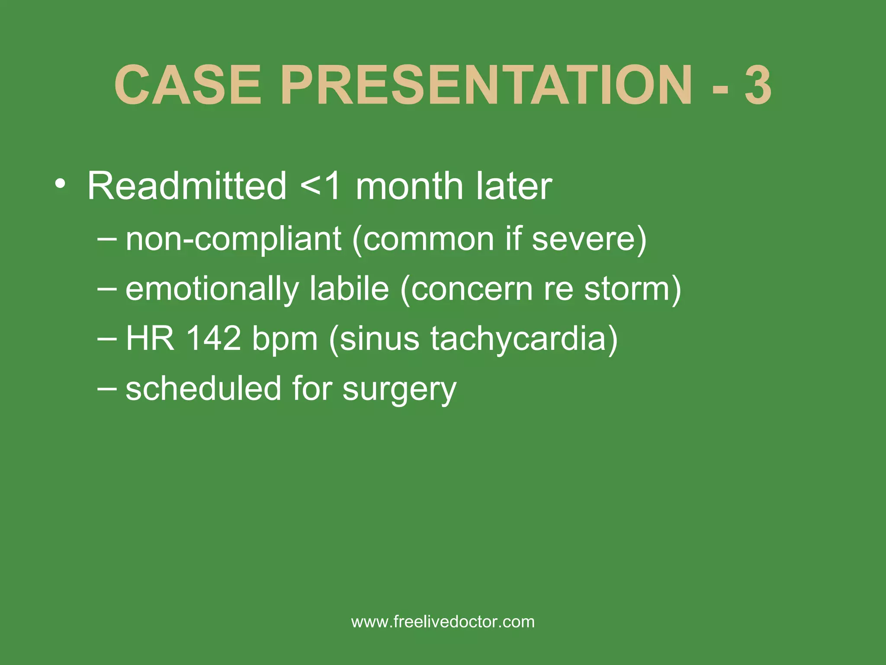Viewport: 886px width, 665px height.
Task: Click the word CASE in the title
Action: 188,85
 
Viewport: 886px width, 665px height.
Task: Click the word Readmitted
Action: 187,186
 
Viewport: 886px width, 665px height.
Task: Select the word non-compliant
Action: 234,239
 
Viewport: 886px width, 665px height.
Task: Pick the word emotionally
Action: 212,289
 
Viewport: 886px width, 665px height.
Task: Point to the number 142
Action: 213,338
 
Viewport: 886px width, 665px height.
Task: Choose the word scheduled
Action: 203,388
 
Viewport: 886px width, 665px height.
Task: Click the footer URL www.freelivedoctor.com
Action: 443,622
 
